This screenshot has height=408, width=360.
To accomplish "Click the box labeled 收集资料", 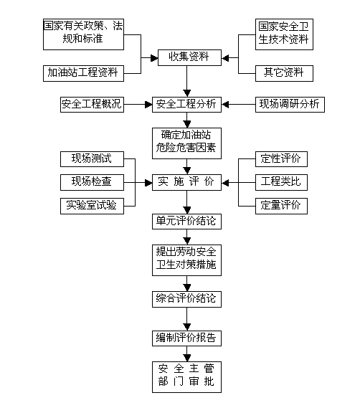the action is coord(189,57).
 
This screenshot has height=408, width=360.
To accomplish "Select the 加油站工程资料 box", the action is coord(83,73).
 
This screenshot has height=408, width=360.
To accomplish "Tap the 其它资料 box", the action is coord(284,73).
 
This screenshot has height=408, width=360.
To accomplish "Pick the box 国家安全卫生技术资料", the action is coord(284,34).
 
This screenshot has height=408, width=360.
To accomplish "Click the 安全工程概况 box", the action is coord(92,105).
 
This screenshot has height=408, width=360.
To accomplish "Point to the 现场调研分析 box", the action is coord(290,105).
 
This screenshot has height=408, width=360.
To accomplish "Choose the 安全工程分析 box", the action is coord(186,105).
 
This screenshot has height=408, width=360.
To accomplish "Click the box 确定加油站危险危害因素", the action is coord(186,143).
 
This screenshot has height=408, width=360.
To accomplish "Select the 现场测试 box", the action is coord(92,159).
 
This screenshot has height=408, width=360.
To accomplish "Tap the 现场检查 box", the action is coord(92,182).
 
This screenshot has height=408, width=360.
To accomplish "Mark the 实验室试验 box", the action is coord(92,206).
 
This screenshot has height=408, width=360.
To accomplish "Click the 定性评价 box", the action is coord(281,159).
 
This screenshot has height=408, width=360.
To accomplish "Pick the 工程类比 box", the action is coord(281,182).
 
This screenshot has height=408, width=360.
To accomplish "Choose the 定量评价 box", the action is coord(281,206).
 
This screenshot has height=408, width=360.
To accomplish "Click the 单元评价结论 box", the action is coord(186,222).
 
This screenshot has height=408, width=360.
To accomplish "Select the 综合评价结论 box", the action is coord(186,299).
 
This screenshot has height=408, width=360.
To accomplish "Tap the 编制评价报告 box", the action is coord(186,338).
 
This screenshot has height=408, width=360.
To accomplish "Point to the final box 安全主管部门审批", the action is coord(186,377).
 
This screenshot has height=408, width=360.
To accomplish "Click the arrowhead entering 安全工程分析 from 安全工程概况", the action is coord(148,105).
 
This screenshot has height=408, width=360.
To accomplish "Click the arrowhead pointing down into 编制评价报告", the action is coord(187,327).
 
